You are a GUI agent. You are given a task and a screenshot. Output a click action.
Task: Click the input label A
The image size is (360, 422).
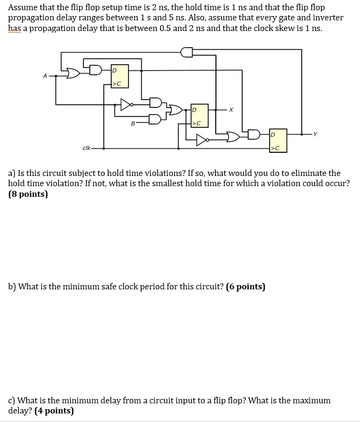[x=45, y=76]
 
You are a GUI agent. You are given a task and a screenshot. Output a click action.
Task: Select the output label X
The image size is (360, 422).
[x=231, y=110]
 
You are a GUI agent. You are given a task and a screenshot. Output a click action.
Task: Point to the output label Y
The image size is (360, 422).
[x=316, y=134]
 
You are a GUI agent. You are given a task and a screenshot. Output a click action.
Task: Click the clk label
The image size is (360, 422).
[x=86, y=148]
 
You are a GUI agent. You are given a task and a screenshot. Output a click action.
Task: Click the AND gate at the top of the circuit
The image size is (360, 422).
[x=187, y=51]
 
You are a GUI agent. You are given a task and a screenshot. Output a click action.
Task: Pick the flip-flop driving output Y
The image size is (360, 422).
[x=278, y=140]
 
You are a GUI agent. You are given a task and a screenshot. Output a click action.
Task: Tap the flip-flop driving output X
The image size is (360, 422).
[x=200, y=115]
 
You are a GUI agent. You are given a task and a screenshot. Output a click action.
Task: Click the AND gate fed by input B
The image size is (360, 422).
[x=155, y=119]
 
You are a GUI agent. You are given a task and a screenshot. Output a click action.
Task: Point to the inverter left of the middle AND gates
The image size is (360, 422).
[x=126, y=104]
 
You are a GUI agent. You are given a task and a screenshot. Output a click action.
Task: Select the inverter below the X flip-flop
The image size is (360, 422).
[x=202, y=140]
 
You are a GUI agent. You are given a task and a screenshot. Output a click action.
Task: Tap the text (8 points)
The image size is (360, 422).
[x=28, y=194]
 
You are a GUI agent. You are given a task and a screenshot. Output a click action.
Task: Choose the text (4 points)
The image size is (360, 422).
[x=54, y=411]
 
